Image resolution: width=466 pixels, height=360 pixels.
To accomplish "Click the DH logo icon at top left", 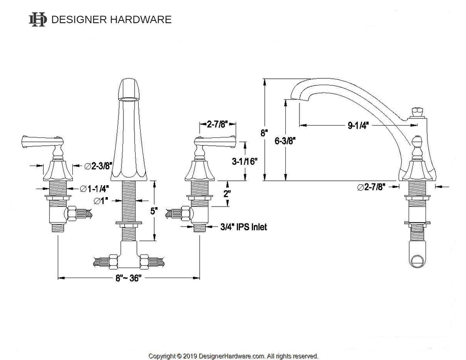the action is (x=38, y=20).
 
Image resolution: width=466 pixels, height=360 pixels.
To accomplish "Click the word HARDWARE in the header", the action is (x=141, y=20).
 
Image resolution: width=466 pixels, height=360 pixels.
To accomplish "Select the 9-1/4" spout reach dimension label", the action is (x=358, y=126).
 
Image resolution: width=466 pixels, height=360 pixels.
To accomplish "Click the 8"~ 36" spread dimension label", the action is (x=128, y=278).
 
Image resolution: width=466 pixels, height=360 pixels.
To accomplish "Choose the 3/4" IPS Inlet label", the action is (x=243, y=227).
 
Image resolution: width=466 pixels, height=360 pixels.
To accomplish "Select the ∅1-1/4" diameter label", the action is (x=94, y=188).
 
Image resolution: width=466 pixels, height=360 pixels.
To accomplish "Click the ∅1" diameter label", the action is (x=101, y=201).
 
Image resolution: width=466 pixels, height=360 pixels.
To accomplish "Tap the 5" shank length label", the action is (x=153, y=211).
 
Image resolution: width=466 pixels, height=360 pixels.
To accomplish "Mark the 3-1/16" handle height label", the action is (x=244, y=162).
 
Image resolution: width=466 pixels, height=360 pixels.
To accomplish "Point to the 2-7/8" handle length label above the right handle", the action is (x=217, y=124).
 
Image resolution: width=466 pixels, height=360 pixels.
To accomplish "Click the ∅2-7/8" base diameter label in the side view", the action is (x=371, y=187).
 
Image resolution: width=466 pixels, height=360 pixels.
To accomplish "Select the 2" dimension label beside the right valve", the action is (x=227, y=194).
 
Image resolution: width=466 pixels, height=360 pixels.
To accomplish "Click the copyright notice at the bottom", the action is (x=233, y=356).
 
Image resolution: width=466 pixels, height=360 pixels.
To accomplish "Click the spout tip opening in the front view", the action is (x=129, y=99).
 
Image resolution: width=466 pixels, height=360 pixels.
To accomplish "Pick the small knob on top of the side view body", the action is (x=418, y=112).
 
